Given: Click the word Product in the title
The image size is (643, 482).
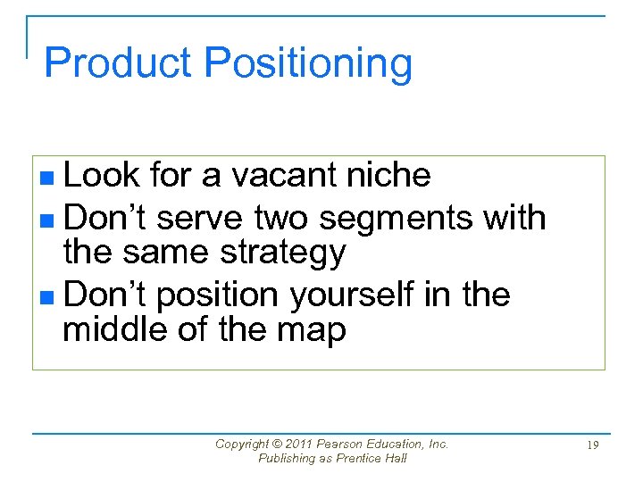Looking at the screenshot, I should click(x=119, y=63).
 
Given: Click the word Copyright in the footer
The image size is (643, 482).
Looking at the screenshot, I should click(x=242, y=444).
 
